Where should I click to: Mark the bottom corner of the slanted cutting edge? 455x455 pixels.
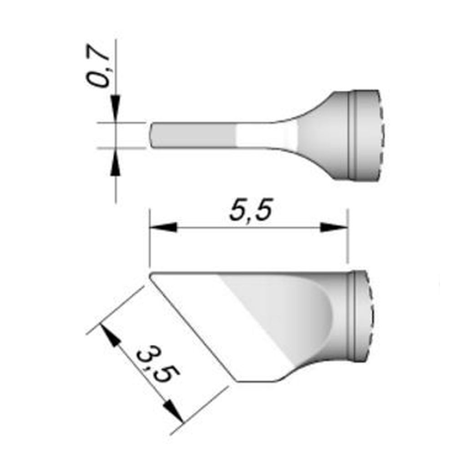(238, 381)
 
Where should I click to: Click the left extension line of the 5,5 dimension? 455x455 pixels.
(150, 237)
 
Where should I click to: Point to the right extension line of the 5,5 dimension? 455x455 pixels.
(348, 237)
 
